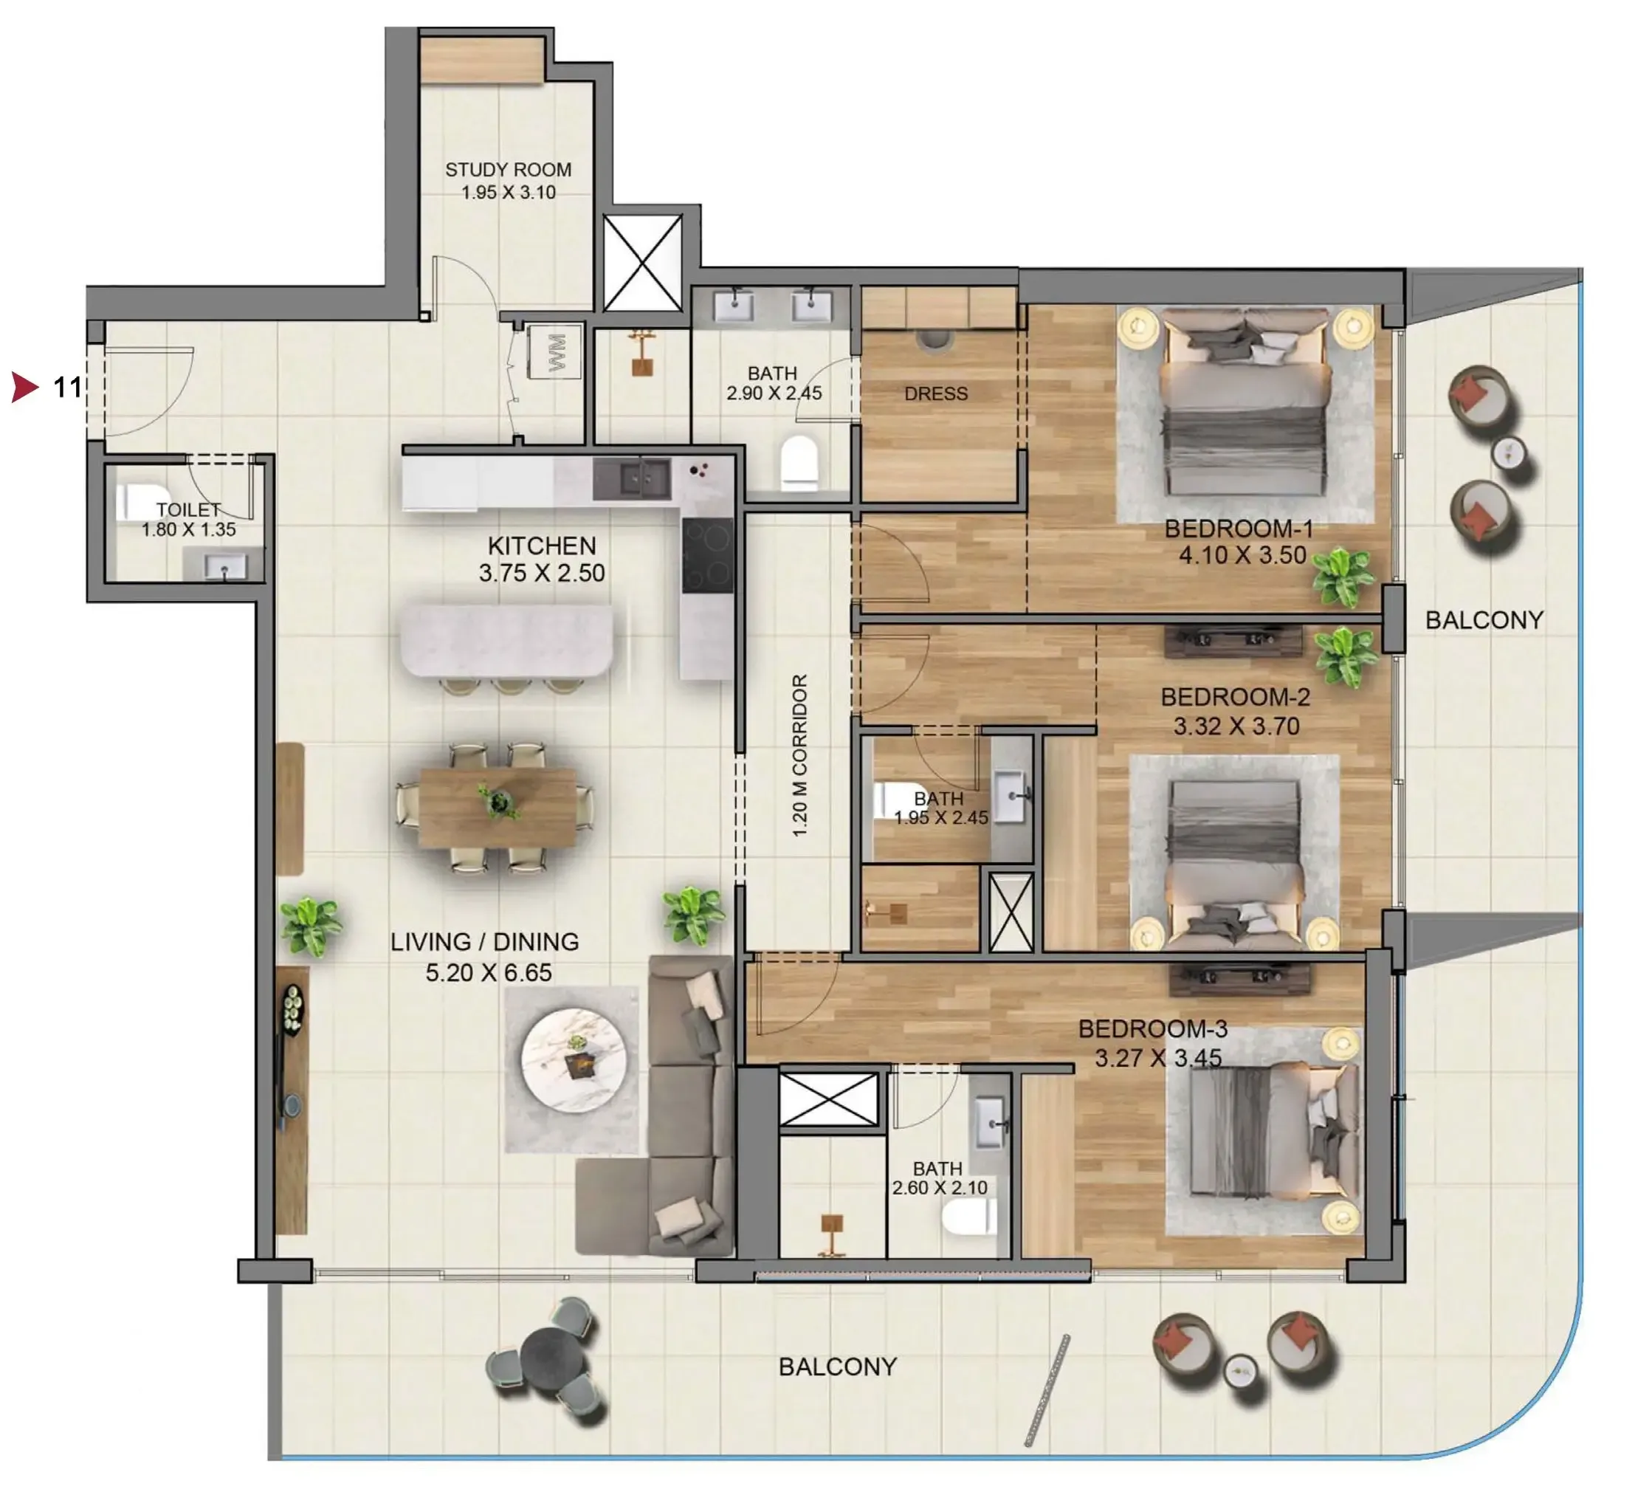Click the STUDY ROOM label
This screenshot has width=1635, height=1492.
click(508, 170)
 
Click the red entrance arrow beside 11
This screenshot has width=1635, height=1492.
click(26, 387)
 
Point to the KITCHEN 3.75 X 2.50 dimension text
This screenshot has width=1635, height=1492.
click(542, 573)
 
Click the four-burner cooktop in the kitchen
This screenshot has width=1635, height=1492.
click(707, 557)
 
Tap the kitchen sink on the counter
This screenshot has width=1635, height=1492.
click(632, 478)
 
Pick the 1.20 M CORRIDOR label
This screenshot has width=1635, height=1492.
click(799, 756)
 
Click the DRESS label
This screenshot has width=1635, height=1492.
click(936, 393)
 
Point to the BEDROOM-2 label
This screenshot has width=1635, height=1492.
click(1235, 697)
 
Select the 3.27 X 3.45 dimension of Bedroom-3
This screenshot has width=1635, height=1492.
click(1158, 1058)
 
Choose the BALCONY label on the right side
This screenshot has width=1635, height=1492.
click(1484, 620)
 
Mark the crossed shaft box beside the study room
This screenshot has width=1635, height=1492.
click(642, 262)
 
